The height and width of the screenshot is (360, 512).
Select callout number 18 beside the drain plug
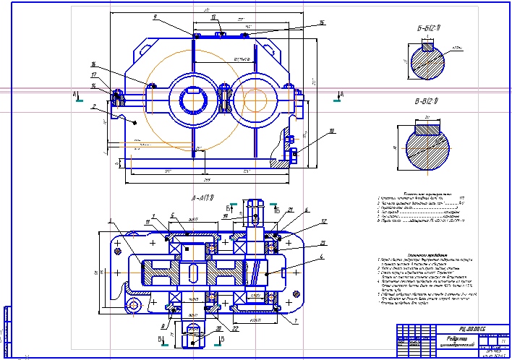(331, 132)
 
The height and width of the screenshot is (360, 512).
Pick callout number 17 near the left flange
(95, 74)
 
